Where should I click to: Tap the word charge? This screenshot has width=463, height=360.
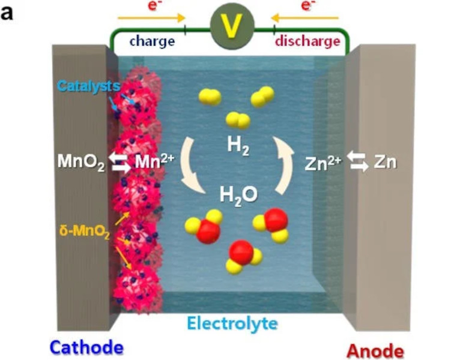(152, 42)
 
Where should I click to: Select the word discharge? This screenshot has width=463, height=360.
(308, 42)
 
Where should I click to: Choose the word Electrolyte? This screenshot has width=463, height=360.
(232, 323)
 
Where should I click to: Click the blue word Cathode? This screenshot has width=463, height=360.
(86, 347)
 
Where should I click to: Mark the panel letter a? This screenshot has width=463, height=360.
(7, 12)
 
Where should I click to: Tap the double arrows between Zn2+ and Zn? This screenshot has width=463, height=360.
(359, 162)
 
